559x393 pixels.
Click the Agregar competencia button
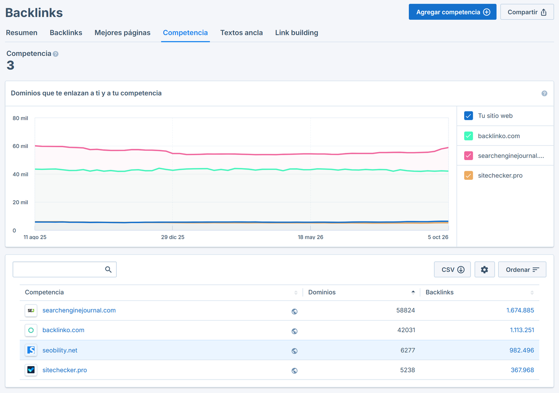452,12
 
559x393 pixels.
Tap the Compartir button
527,12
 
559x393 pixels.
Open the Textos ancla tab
241,33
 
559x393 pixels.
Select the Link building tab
296,33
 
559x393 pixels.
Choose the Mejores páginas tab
122,33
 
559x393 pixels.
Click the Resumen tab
21,33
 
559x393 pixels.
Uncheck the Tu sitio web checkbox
468,116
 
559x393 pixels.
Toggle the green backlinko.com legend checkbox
468,136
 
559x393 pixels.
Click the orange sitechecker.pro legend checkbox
468,175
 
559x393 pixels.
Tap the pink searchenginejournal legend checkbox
468,156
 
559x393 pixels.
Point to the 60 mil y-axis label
20,146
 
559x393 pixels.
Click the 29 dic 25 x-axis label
173,237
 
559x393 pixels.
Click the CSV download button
452,270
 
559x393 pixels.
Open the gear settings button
484,270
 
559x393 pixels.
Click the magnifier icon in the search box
108,270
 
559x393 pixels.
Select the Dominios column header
322,292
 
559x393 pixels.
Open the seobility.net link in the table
60,350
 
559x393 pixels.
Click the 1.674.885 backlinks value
520,310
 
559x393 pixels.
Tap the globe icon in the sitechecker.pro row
294,371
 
